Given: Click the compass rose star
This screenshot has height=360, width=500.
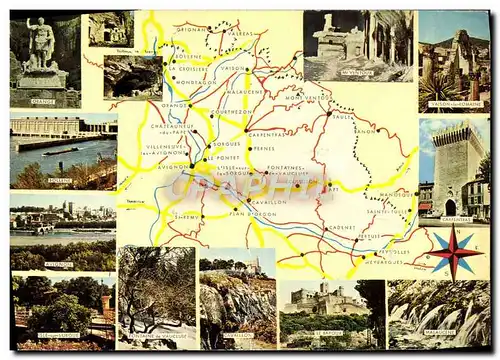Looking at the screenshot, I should (454, 251).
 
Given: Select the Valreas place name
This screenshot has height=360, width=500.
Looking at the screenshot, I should (242, 33).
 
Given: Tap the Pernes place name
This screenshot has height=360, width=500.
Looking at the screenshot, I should (263, 148).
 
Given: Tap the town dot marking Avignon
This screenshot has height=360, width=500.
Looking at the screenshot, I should (191, 164).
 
